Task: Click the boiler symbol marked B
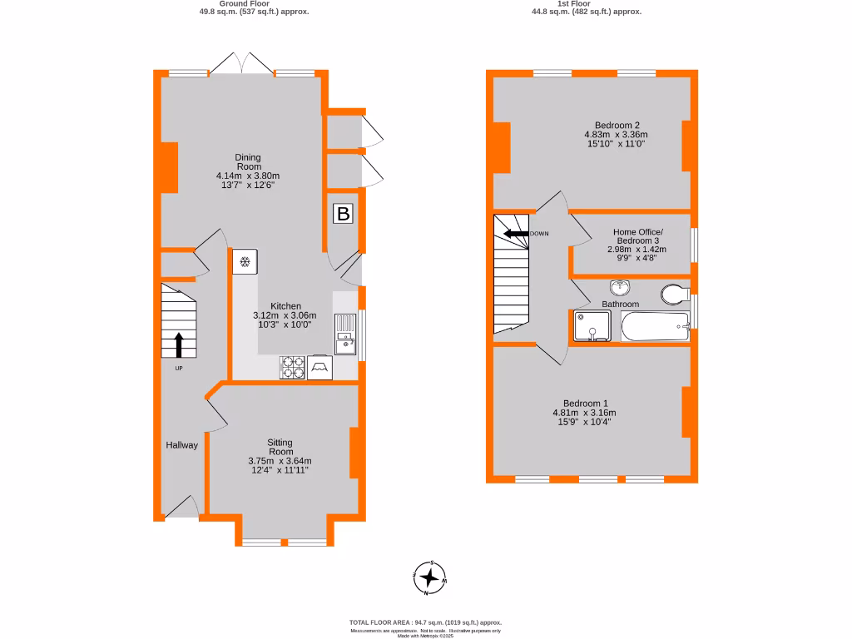[343, 214]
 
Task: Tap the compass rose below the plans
[429, 577]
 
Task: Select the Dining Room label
[248, 161]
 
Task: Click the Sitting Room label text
[280, 447]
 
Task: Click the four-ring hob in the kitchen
[292, 366]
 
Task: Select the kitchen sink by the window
[344, 334]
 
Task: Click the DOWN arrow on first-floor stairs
[516, 234]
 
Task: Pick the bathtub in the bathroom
[656, 328]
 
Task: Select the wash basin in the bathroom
[619, 289]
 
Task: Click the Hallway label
[181, 445]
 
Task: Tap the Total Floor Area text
[425, 622]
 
